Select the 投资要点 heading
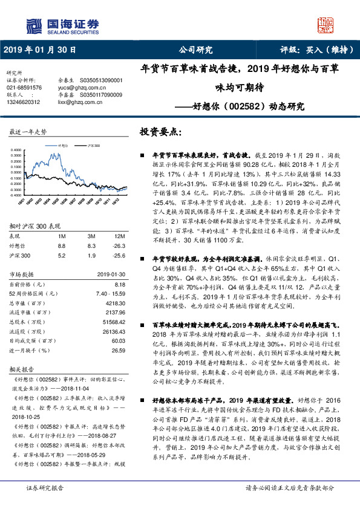160,131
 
